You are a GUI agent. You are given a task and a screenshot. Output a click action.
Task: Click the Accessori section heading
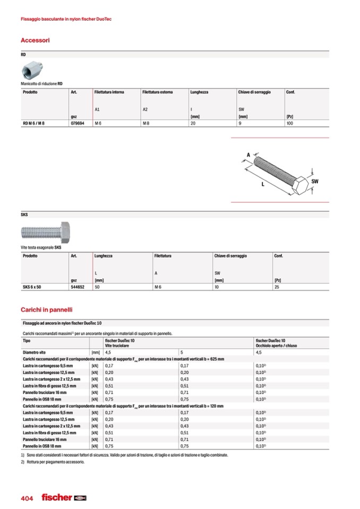click(35, 40)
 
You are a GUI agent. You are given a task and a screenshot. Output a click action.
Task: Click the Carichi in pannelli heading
click(46, 309)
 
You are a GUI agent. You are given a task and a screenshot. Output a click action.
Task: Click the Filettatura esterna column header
click(157, 92)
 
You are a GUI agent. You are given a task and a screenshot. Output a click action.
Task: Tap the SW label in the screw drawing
click(315, 182)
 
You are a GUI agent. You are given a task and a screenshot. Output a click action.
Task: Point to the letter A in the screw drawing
click(248, 155)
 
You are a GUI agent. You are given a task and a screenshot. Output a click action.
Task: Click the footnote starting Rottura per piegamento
click(54, 461)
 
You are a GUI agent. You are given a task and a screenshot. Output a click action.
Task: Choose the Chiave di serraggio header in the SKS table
click(230, 256)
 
